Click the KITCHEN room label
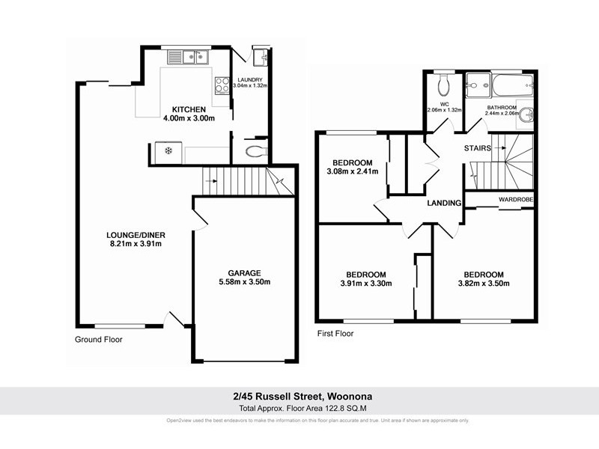point(183,108)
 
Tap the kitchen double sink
point(186,57)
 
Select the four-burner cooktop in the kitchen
point(222,85)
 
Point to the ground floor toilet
point(255,152)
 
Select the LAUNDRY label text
point(250,80)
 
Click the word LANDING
point(443,203)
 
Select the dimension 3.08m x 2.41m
point(352,172)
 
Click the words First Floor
point(334,334)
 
